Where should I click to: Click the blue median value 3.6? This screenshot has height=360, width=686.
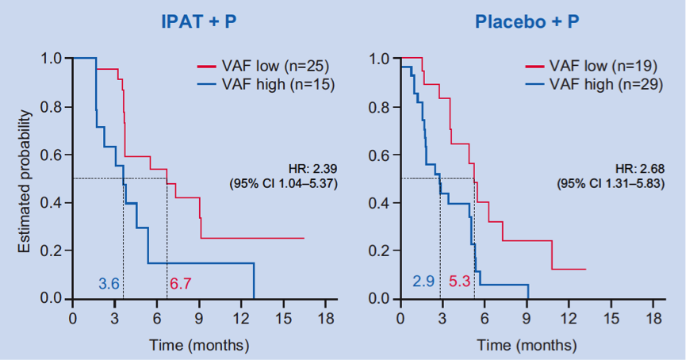[109, 283]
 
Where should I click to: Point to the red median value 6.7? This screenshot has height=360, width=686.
[181, 283]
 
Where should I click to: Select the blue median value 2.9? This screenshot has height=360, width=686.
[423, 281]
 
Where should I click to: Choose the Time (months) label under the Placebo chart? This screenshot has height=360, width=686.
[527, 344]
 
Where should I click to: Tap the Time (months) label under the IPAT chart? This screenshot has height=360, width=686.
[199, 344]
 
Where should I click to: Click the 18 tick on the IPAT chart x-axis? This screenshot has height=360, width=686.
[325, 318]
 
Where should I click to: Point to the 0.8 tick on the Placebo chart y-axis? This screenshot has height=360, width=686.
[379, 106]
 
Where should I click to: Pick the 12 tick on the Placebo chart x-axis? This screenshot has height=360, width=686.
[569, 318]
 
